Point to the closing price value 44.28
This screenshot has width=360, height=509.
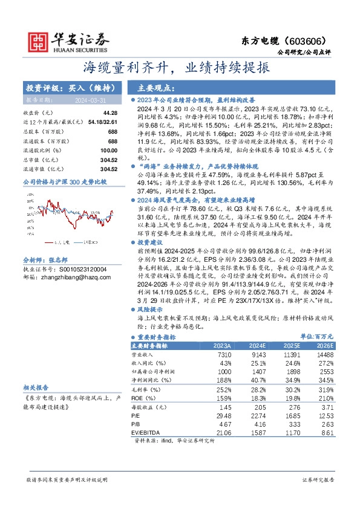coord(110,113)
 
